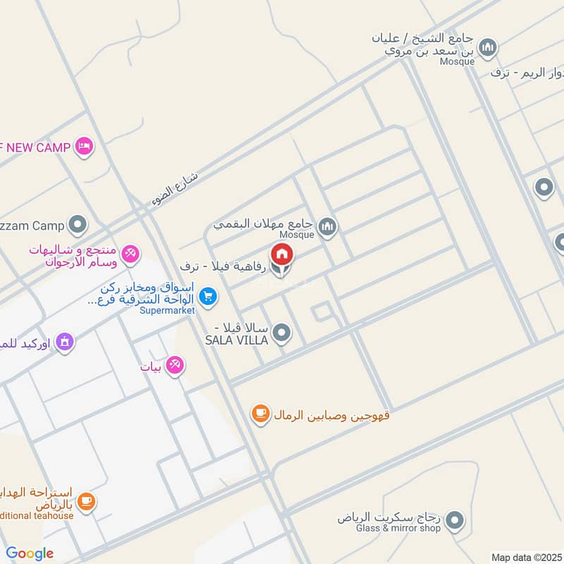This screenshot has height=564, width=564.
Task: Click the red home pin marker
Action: click(281, 254)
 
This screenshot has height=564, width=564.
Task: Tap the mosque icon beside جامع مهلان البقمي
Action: click(326, 226)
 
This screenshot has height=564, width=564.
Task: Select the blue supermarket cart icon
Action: click(207, 297)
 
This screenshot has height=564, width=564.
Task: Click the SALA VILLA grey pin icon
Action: click(281, 333)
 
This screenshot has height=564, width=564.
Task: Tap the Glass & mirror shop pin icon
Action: click(455, 521)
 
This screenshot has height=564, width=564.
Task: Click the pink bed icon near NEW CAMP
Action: click(84, 147)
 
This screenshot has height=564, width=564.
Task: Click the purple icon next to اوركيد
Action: click(65, 343)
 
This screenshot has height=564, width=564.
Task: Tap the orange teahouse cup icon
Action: click(86, 502)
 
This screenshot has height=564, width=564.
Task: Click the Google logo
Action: click(30, 553)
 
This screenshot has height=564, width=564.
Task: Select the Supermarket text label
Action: click(166, 310)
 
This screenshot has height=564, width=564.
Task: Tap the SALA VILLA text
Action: click(237, 341)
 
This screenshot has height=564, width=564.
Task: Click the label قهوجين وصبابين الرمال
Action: click(331, 415)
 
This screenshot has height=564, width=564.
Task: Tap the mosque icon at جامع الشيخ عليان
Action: click(488, 48)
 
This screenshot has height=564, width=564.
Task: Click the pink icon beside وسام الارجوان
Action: click(130, 254)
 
